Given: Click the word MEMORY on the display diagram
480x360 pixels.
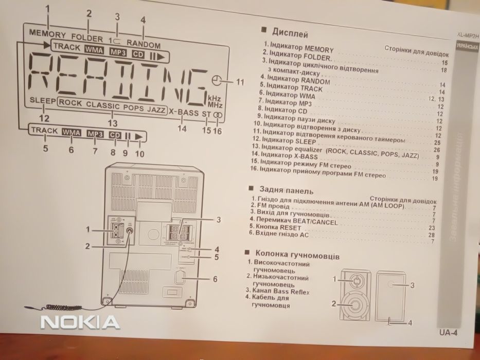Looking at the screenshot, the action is tap(48, 35).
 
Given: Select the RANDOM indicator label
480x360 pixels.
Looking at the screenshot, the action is tap(144, 45).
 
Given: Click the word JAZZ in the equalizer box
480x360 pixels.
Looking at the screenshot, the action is tap(156, 109).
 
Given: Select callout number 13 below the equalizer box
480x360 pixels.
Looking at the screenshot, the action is tap(112, 123).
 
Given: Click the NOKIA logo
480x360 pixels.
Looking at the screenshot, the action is tap(80, 322).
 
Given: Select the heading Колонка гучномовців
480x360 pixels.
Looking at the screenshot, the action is tap(294, 254).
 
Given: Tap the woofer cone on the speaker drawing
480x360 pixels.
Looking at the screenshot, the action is tap(354, 303).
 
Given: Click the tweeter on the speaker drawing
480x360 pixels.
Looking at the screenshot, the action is tap(354, 280).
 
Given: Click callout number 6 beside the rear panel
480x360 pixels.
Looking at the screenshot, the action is tap(215, 279).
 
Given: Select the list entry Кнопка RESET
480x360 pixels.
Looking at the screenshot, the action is tap(274, 226).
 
